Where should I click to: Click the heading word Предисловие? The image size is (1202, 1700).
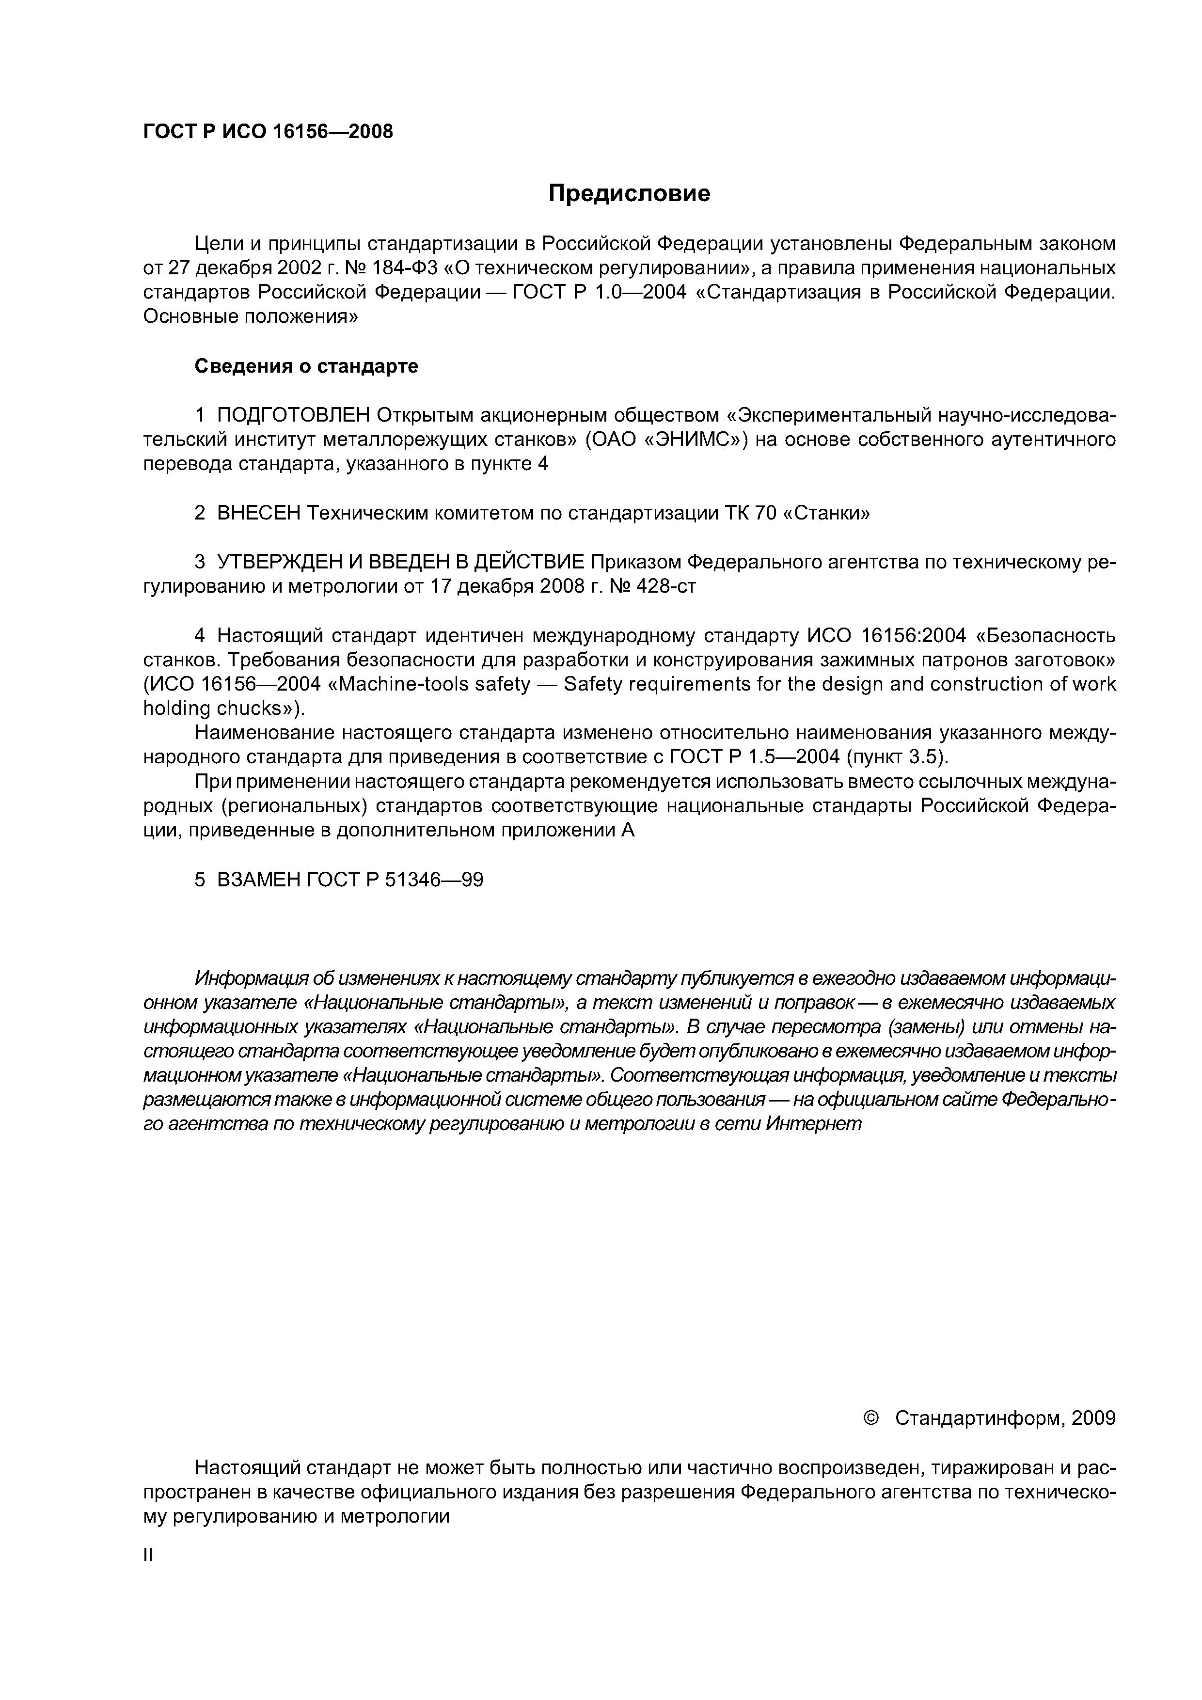pyautogui.click(x=629, y=194)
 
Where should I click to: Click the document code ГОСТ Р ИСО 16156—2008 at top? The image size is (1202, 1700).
pyautogui.click(x=268, y=132)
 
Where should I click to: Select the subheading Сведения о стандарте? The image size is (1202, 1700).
pyautogui.click(x=306, y=366)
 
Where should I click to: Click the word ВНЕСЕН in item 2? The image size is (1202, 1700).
pyautogui.click(x=259, y=513)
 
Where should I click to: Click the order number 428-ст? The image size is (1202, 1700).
pyautogui.click(x=666, y=586)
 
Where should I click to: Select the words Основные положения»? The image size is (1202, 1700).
pyautogui.click(x=250, y=317)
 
